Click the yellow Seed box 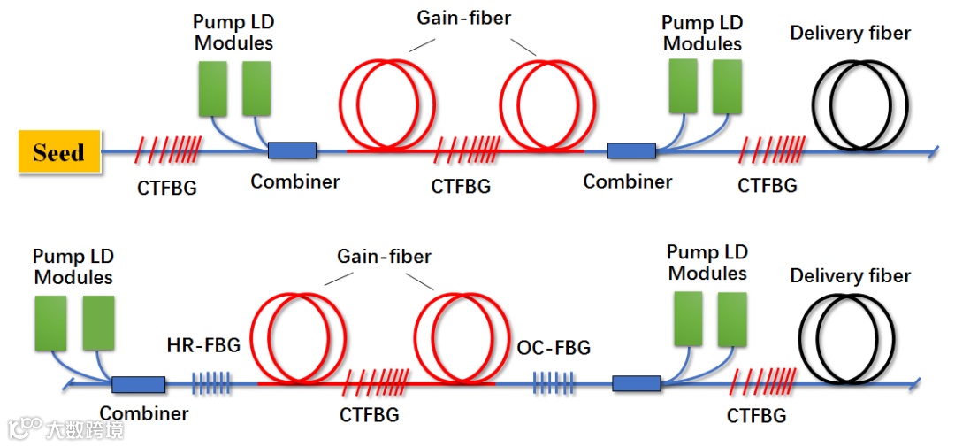click(x=59, y=151)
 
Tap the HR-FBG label click(x=203, y=345)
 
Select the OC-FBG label click(x=554, y=348)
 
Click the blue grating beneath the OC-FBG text click(x=553, y=384)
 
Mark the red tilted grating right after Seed click(x=168, y=151)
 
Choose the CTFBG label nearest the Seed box click(x=167, y=188)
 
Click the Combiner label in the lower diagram click(x=143, y=413)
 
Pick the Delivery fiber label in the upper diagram click(x=850, y=34)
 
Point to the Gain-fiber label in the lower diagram click(x=384, y=257)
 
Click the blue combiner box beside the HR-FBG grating click(x=138, y=385)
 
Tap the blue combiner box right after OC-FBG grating click(x=637, y=384)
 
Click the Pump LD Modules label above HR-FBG click(x=73, y=266)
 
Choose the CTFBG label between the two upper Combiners click(x=461, y=187)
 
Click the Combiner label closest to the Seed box click(x=294, y=181)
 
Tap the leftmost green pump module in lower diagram click(x=51, y=324)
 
